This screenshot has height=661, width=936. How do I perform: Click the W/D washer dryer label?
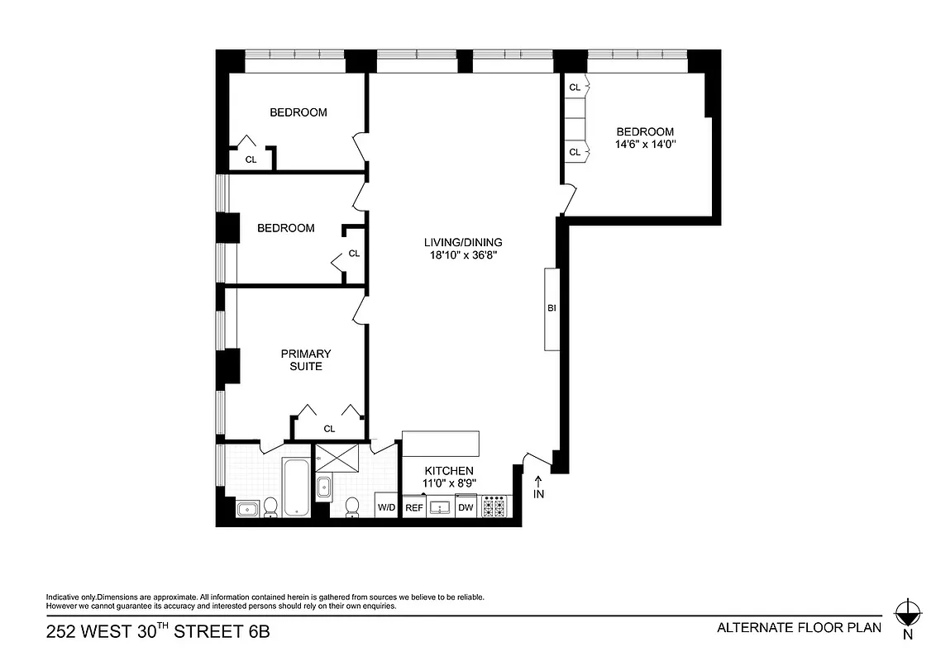(x=386, y=506)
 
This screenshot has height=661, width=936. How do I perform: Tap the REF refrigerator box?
(x=414, y=506)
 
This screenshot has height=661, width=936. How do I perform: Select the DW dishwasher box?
(x=466, y=506)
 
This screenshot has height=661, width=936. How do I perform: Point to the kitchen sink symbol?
(x=439, y=506)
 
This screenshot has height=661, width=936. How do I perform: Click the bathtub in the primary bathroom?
(x=296, y=489)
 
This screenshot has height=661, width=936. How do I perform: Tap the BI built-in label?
(x=552, y=308)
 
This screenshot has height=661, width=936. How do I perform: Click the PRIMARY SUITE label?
(x=305, y=359)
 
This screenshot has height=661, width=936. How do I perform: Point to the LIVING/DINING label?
(x=463, y=242)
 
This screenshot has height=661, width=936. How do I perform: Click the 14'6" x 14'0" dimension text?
(x=645, y=144)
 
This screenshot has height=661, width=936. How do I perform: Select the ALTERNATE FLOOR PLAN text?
(x=799, y=627)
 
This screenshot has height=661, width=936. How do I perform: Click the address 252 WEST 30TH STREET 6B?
(x=157, y=633)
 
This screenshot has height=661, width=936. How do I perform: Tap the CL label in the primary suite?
(x=329, y=428)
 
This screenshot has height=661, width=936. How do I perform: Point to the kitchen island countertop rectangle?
(x=441, y=443)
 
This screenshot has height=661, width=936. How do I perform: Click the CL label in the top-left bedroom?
(x=251, y=159)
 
